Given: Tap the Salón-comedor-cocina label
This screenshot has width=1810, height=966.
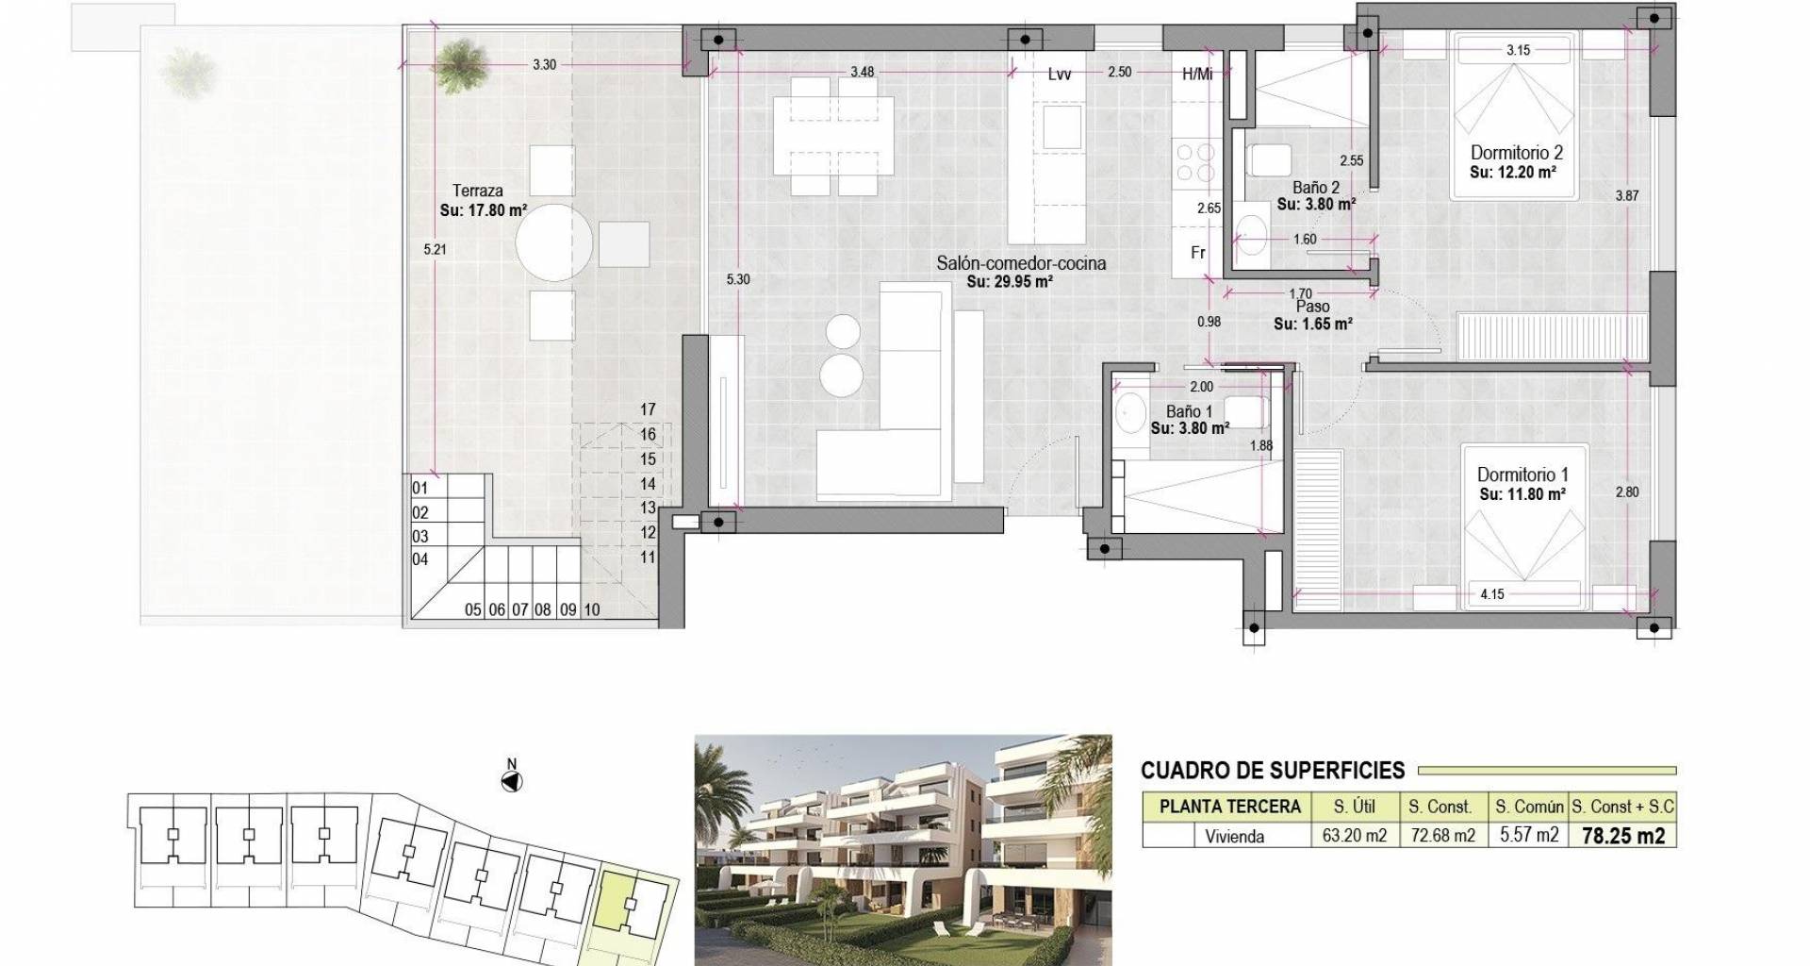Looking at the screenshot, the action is pyautogui.click(x=1021, y=263).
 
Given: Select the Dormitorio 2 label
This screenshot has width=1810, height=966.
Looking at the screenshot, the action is pyautogui.click(x=1517, y=153).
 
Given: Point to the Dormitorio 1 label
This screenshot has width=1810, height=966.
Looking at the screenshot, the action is pyautogui.click(x=1522, y=475).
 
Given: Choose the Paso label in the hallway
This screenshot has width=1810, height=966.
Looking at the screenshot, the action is pyautogui.click(x=1312, y=307).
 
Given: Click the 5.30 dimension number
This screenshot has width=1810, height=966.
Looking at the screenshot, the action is pyautogui.click(x=738, y=279).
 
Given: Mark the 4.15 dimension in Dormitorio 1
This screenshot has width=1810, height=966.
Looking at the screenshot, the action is pyautogui.click(x=1492, y=594).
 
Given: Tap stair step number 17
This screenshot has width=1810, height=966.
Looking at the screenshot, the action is pyautogui.click(x=648, y=409).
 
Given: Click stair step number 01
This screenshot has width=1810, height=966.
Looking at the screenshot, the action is pyautogui.click(x=420, y=489).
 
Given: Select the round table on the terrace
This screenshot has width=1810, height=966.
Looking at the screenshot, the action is pyautogui.click(x=554, y=242).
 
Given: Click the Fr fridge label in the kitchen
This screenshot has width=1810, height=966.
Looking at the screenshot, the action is pyautogui.click(x=1198, y=253).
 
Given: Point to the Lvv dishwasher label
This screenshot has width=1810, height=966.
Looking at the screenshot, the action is pyautogui.click(x=1060, y=74).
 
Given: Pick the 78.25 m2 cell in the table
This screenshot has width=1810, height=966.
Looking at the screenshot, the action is pyautogui.click(x=1622, y=836).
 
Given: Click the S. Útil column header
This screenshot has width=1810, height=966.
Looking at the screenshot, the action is pyautogui.click(x=1355, y=807).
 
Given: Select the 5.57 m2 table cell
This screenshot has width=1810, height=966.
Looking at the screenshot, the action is pyautogui.click(x=1527, y=836).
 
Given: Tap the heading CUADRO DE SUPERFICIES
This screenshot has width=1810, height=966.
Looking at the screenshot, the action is pyautogui.click(x=1273, y=771).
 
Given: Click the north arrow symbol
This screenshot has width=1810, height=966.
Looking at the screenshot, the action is pyautogui.click(x=512, y=781).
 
